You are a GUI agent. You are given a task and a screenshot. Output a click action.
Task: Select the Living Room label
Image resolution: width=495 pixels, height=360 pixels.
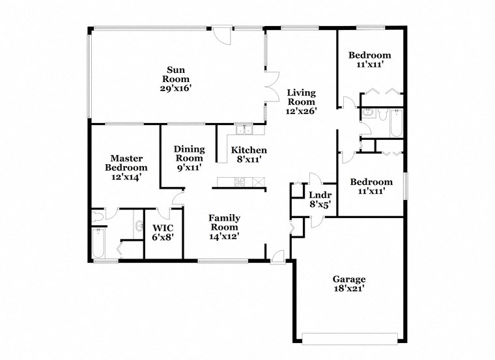[301, 97]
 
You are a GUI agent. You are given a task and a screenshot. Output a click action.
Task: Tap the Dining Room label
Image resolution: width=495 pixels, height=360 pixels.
[189, 154]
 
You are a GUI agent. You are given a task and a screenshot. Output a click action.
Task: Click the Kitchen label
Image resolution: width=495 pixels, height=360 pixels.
[249, 150]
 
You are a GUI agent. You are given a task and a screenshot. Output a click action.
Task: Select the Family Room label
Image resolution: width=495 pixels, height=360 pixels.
[224, 223]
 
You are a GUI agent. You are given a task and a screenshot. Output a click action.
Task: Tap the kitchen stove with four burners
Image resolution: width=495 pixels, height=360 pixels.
[239, 182]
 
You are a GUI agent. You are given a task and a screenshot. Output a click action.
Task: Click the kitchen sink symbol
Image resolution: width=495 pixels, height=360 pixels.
[244, 129]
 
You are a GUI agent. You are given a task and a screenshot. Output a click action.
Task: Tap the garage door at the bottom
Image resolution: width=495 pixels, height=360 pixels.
[350, 338]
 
